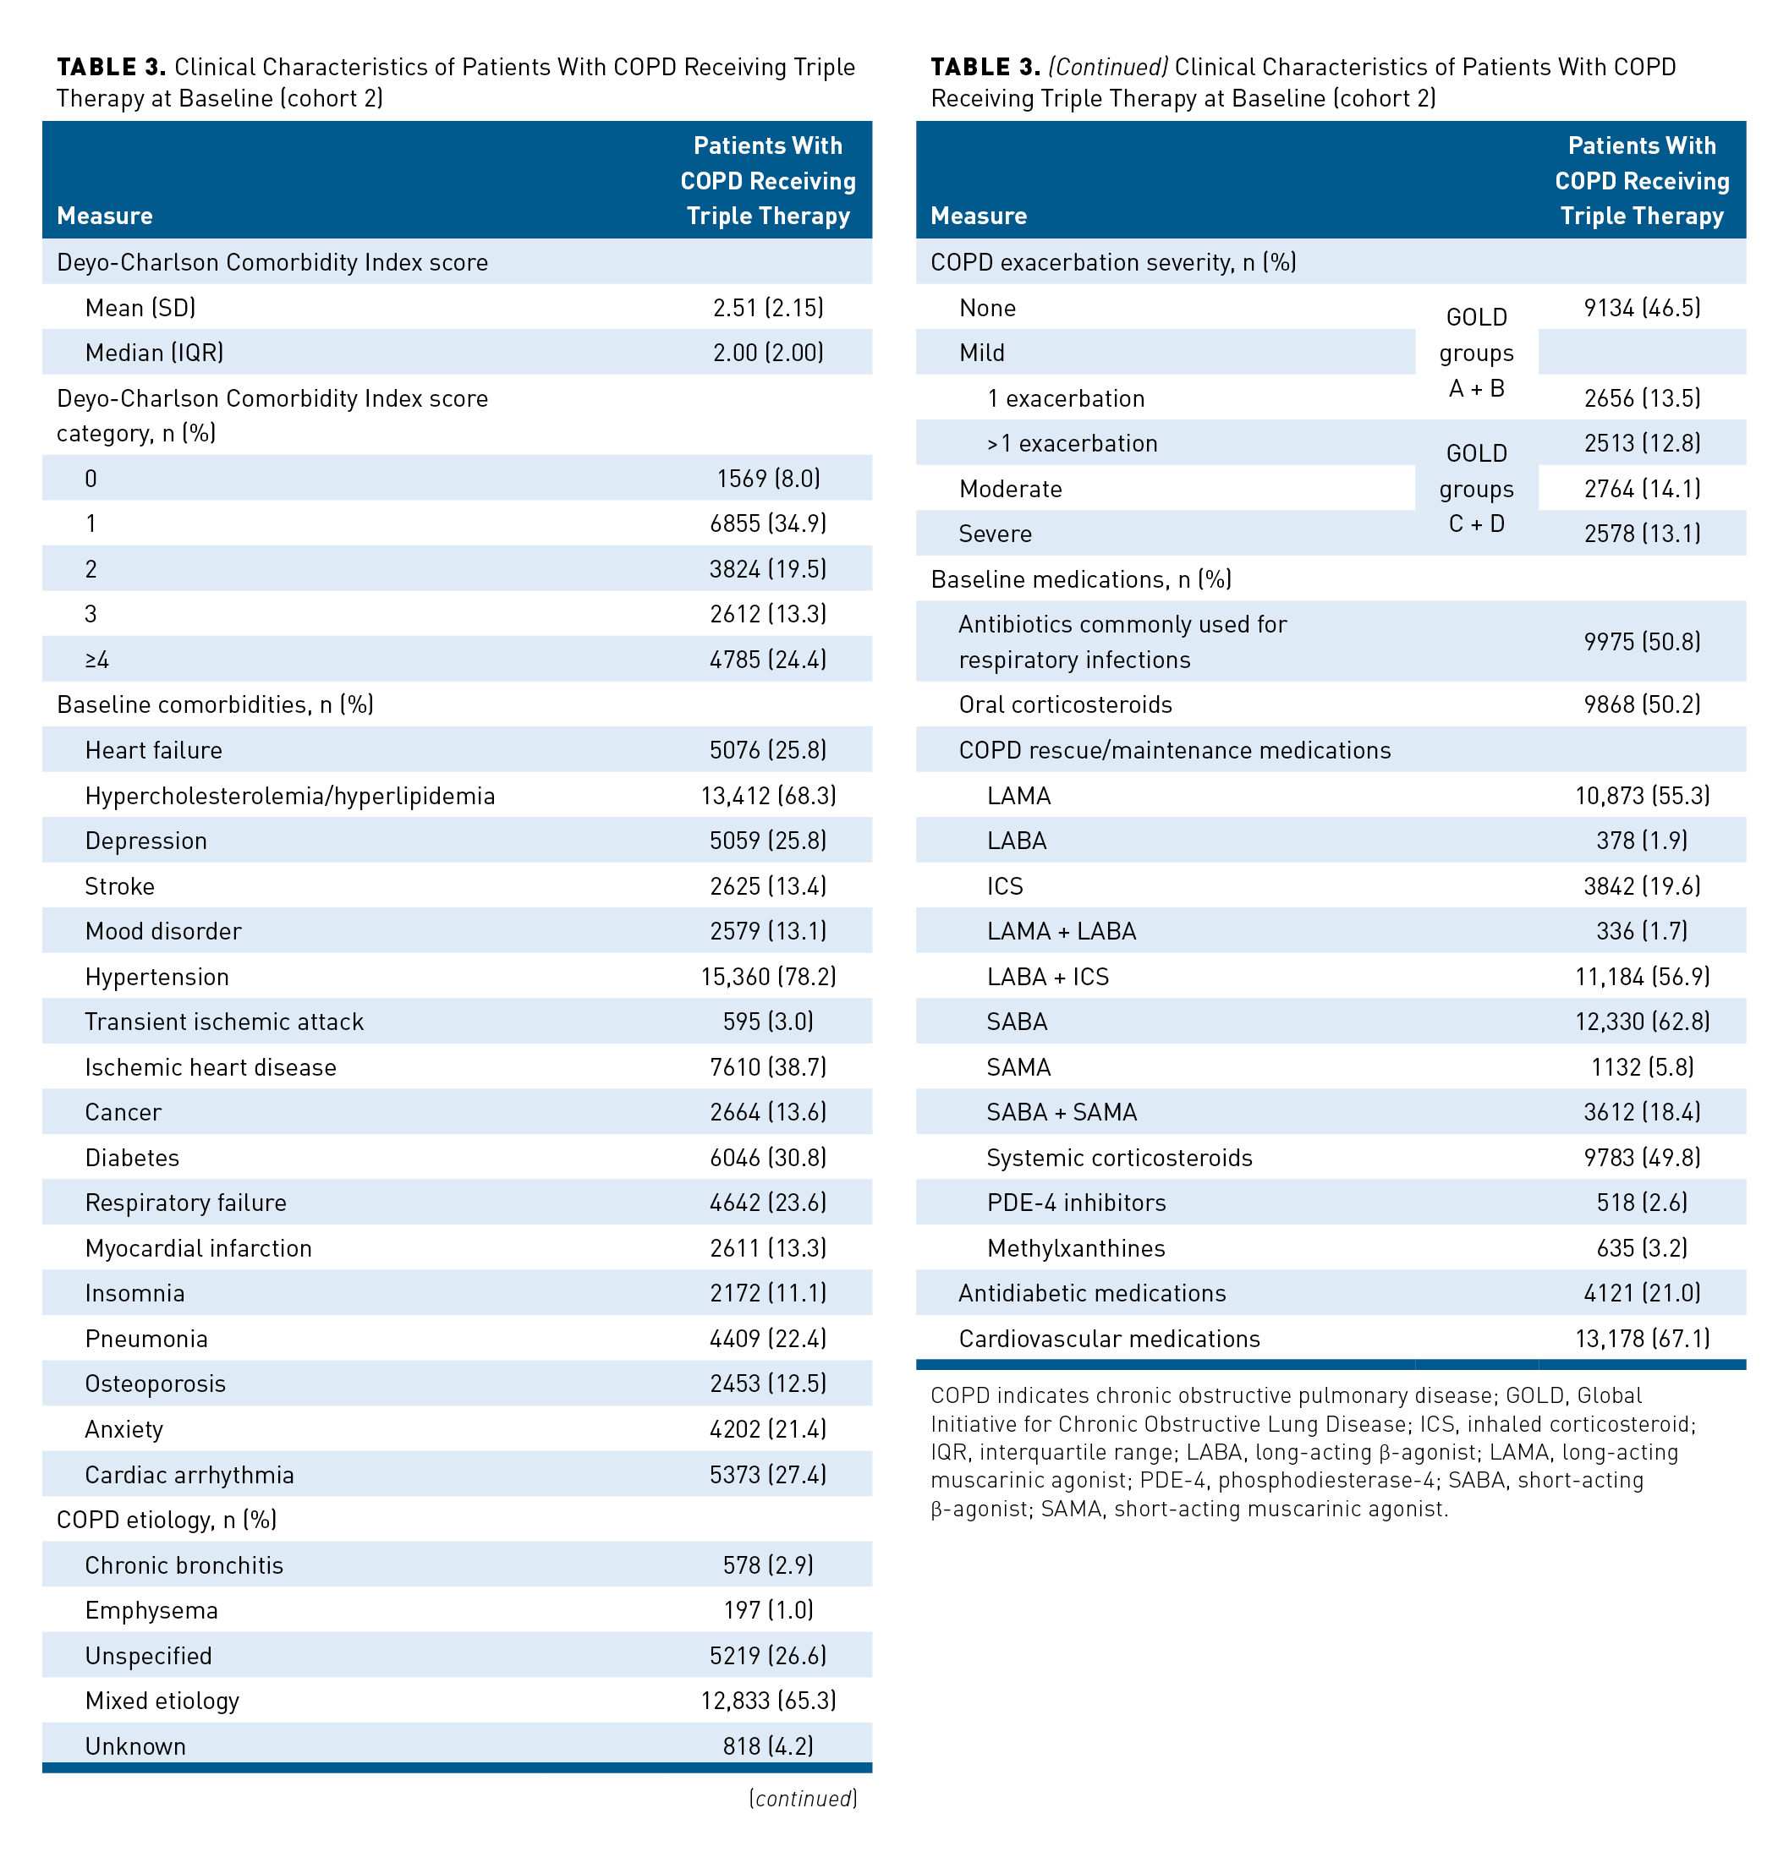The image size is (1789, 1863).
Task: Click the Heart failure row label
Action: pos(153,750)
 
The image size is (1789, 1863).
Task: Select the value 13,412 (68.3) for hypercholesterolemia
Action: pos(768,796)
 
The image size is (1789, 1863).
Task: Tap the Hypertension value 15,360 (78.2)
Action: pos(768,976)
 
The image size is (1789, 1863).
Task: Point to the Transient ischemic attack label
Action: pos(224,1022)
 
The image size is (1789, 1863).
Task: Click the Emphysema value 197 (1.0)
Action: pos(768,1610)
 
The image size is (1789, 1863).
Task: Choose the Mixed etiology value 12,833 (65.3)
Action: pos(768,1701)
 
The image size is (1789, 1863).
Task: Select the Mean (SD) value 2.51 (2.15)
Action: pos(768,308)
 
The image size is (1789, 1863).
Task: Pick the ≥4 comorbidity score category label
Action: pos(97,660)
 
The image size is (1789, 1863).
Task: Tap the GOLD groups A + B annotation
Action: pos(1476,353)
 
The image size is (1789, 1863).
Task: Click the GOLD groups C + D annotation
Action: pos(1476,489)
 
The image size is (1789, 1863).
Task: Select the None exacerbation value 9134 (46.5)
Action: pos(1642,308)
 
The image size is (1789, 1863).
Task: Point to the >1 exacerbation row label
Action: pos(1073,444)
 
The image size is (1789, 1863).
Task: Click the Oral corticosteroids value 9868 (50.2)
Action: pos(1642,704)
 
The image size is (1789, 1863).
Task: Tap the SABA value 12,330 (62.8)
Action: pos(1642,1022)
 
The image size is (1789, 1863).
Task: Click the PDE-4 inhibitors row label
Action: pos(1076,1203)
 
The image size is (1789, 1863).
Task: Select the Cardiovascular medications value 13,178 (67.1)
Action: pos(1642,1339)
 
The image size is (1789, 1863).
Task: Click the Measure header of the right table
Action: pos(978,216)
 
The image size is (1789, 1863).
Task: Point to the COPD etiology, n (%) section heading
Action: pos(167,1520)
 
